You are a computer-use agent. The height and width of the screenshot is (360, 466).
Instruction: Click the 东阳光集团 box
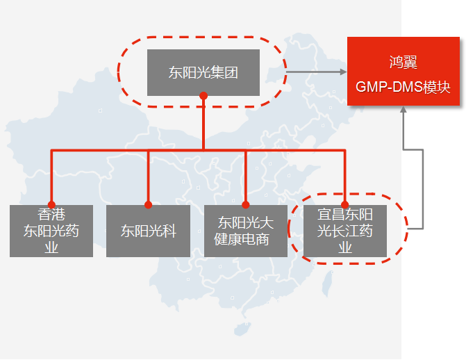click(203, 72)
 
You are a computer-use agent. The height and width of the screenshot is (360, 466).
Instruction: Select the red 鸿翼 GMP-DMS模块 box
click(403, 75)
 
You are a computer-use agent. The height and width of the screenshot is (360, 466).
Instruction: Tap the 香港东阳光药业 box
click(51, 231)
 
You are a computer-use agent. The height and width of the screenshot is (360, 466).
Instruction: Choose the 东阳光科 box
click(148, 231)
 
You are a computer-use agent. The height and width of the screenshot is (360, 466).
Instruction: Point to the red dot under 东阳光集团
click(203, 96)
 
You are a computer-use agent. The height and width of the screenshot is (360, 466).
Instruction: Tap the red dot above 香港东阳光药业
click(51, 205)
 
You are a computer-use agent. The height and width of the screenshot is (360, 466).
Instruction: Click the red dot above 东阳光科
click(148, 205)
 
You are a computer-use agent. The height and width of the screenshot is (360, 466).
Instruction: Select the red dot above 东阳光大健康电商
click(245, 205)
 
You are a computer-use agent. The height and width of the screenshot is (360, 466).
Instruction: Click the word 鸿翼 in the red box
click(403, 63)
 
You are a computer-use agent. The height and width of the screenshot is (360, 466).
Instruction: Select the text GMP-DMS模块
click(403, 88)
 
